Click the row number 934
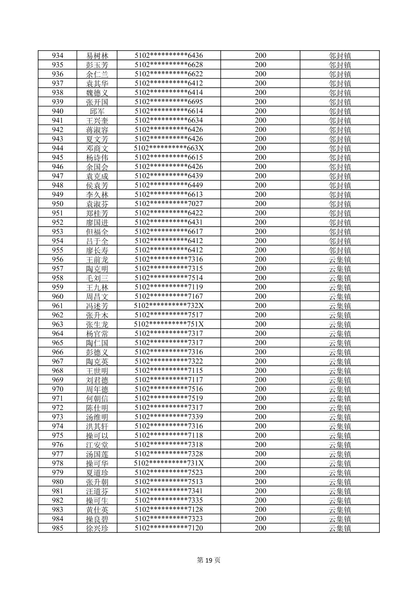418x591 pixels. pos(57,56)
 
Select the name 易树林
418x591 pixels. pos(97,56)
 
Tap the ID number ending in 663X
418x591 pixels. pos(169,148)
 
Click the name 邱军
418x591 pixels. pos(97,111)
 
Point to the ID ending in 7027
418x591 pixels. pos(169,204)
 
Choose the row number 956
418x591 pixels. pos(57,259)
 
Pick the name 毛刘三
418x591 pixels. pos(97,278)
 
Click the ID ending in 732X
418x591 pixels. pos(169,306)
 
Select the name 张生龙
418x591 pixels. pos(97,324)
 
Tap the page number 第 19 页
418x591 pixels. pos(209,560)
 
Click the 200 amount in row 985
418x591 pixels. pos(260,528)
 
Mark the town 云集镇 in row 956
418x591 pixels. pos(340,259)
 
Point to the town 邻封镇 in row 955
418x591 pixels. pos(340,250)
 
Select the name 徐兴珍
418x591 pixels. pos(97,528)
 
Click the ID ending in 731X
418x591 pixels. pos(169,463)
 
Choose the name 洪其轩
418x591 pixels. pos(97,426)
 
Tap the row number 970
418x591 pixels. pos(57,389)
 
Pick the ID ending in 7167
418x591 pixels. pos(169,296)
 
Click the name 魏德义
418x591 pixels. pos(97,93)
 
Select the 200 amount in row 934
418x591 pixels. pos(260,56)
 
